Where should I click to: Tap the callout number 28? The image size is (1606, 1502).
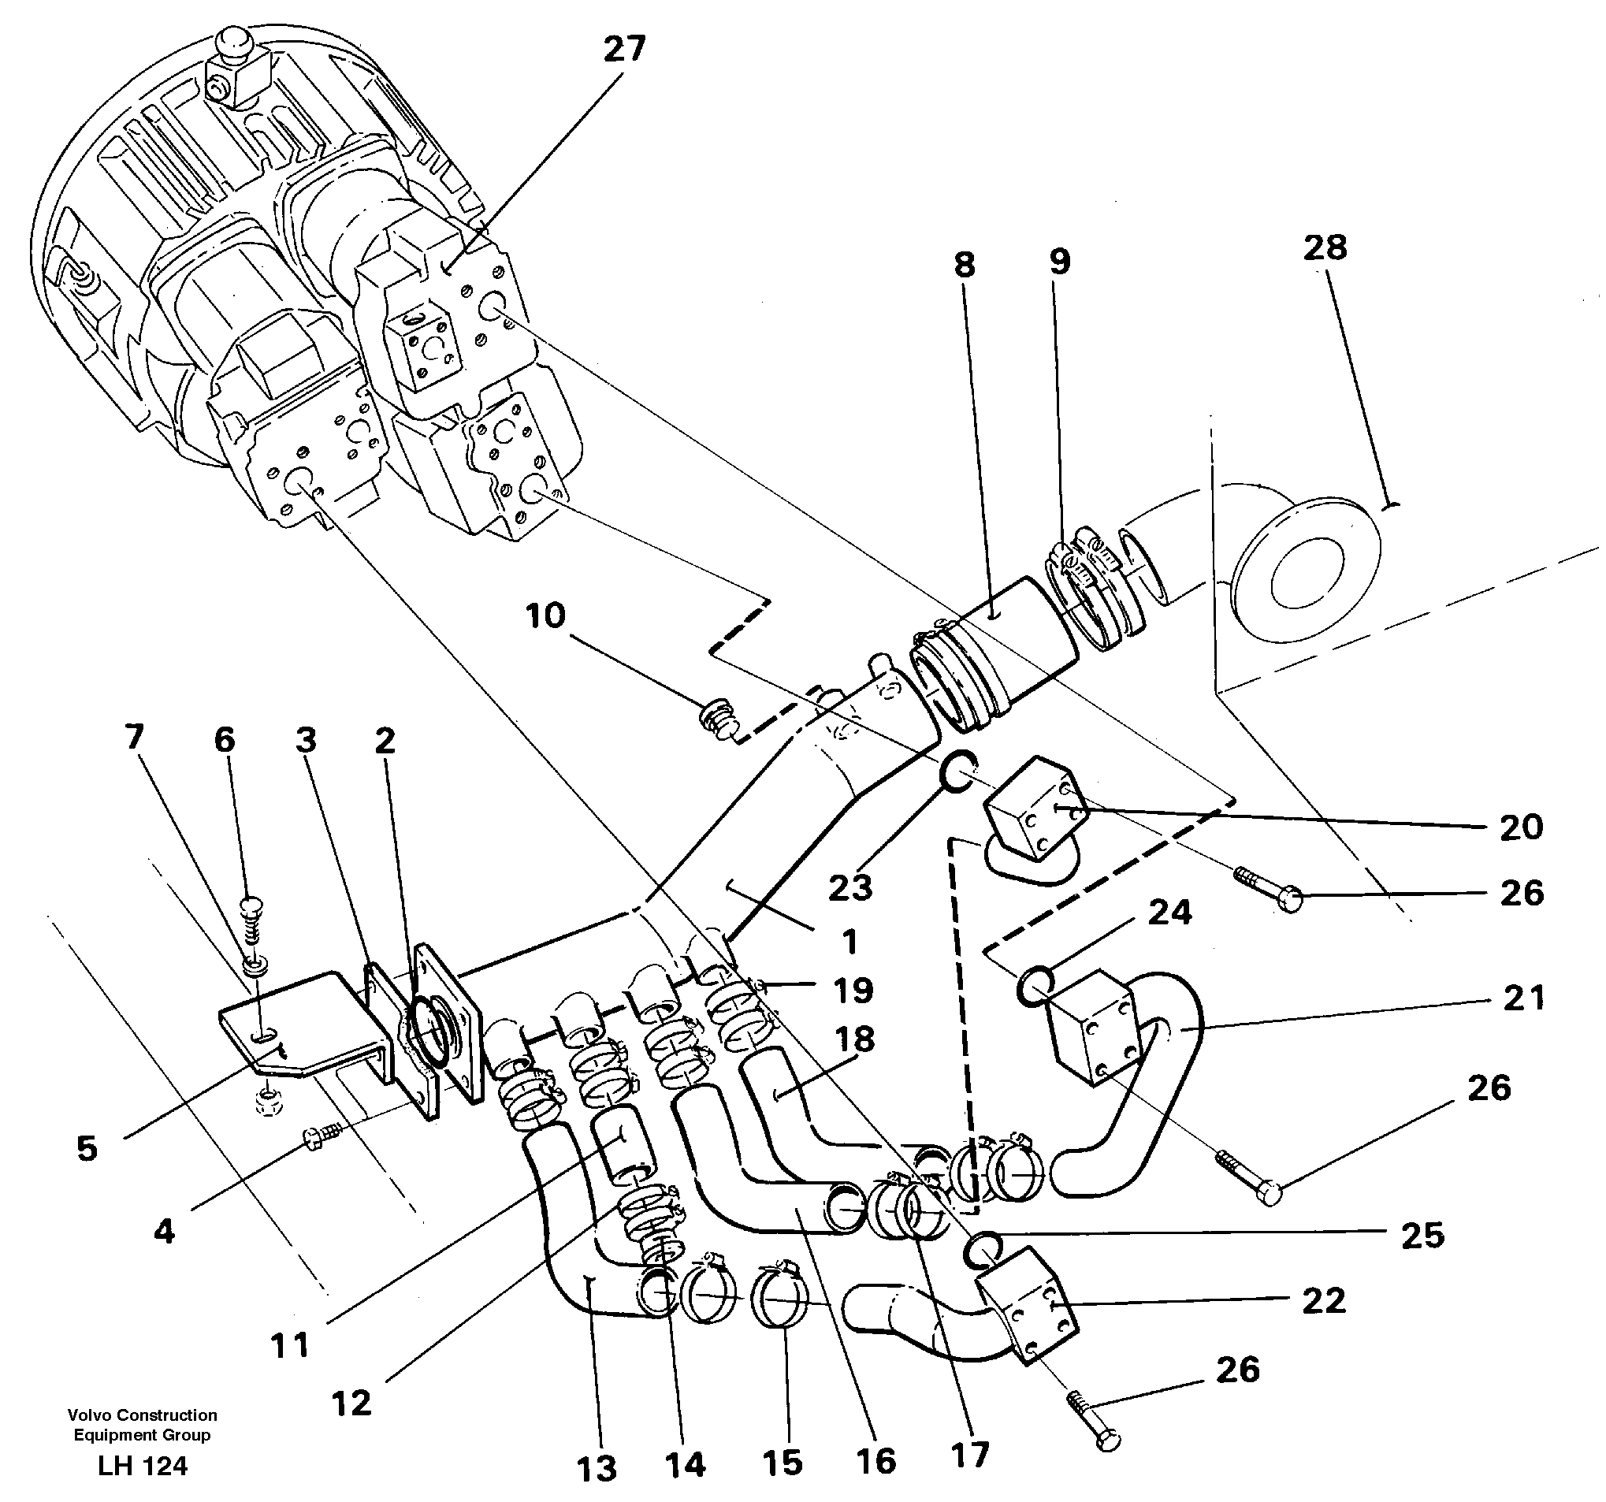coord(1325,247)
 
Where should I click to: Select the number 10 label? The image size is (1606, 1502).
coord(545,615)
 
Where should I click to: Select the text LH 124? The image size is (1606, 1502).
coord(142,1466)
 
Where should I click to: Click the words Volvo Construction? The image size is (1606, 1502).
coord(142,1415)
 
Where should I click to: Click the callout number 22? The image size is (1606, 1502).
coord(1323,1300)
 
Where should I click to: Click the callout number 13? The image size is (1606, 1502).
coord(597,1468)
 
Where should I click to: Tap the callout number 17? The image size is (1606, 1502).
coord(969,1455)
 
